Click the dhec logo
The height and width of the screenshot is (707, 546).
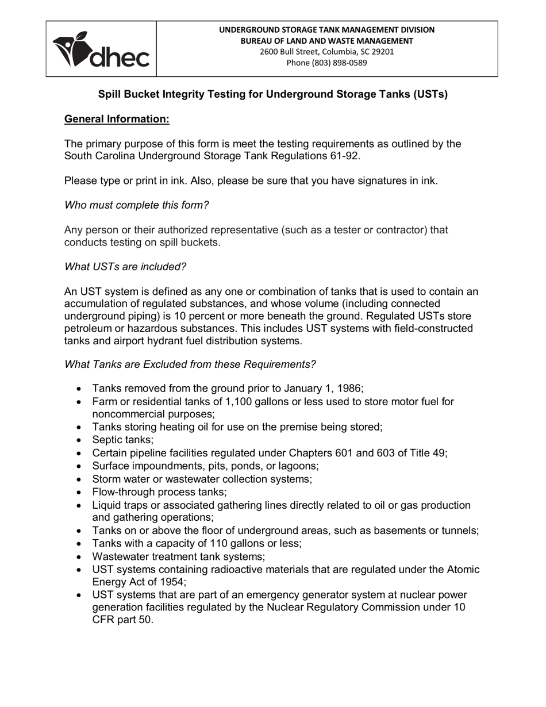(101, 49)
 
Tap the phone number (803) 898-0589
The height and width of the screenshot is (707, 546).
(326, 63)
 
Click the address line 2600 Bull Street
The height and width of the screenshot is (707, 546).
(326, 52)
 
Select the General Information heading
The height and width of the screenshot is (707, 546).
(117, 119)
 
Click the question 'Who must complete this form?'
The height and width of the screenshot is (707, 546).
(136, 205)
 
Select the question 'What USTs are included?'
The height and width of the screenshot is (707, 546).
(125, 267)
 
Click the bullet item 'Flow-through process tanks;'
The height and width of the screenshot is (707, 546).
(159, 492)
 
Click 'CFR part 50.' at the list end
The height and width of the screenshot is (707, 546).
(122, 620)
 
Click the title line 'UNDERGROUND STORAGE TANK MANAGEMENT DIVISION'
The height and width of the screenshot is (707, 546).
(326, 30)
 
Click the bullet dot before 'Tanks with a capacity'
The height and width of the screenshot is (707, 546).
(79, 544)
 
